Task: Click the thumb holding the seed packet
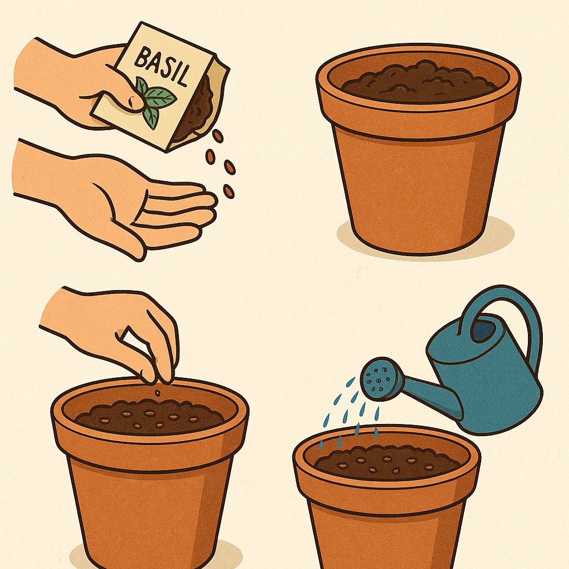(120, 98)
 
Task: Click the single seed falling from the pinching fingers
(157, 393)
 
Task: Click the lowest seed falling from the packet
(228, 191)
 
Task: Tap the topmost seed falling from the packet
(218, 136)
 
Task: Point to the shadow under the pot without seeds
(425, 236)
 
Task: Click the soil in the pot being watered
(387, 463)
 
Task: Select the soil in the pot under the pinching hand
(149, 417)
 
